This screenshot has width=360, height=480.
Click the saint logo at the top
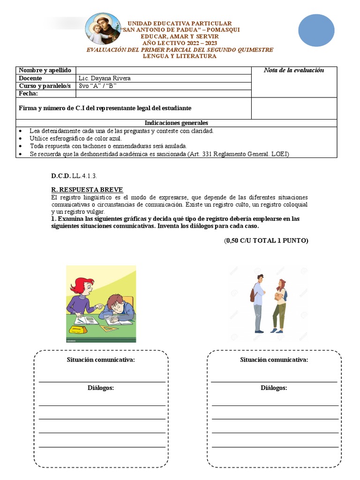click(x=102, y=29)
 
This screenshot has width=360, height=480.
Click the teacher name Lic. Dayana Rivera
click(x=105, y=78)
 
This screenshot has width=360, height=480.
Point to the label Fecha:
click(x=28, y=93)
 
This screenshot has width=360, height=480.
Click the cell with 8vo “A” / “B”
click(x=98, y=86)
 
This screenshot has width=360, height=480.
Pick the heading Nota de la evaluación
click(x=293, y=70)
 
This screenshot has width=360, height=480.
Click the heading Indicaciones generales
click(x=176, y=123)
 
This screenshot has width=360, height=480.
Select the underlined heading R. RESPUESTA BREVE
click(x=87, y=189)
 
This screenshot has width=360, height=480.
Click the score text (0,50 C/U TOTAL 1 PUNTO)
click(x=266, y=240)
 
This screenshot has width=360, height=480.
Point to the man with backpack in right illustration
click(x=258, y=303)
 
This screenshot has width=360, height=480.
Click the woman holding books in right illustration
click(x=280, y=306)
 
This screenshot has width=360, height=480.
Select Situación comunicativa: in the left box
click(x=101, y=360)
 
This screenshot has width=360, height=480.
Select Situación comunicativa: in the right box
click(x=274, y=360)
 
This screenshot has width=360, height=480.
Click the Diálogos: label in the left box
click(x=101, y=388)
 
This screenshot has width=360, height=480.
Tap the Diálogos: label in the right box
click(x=274, y=388)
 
